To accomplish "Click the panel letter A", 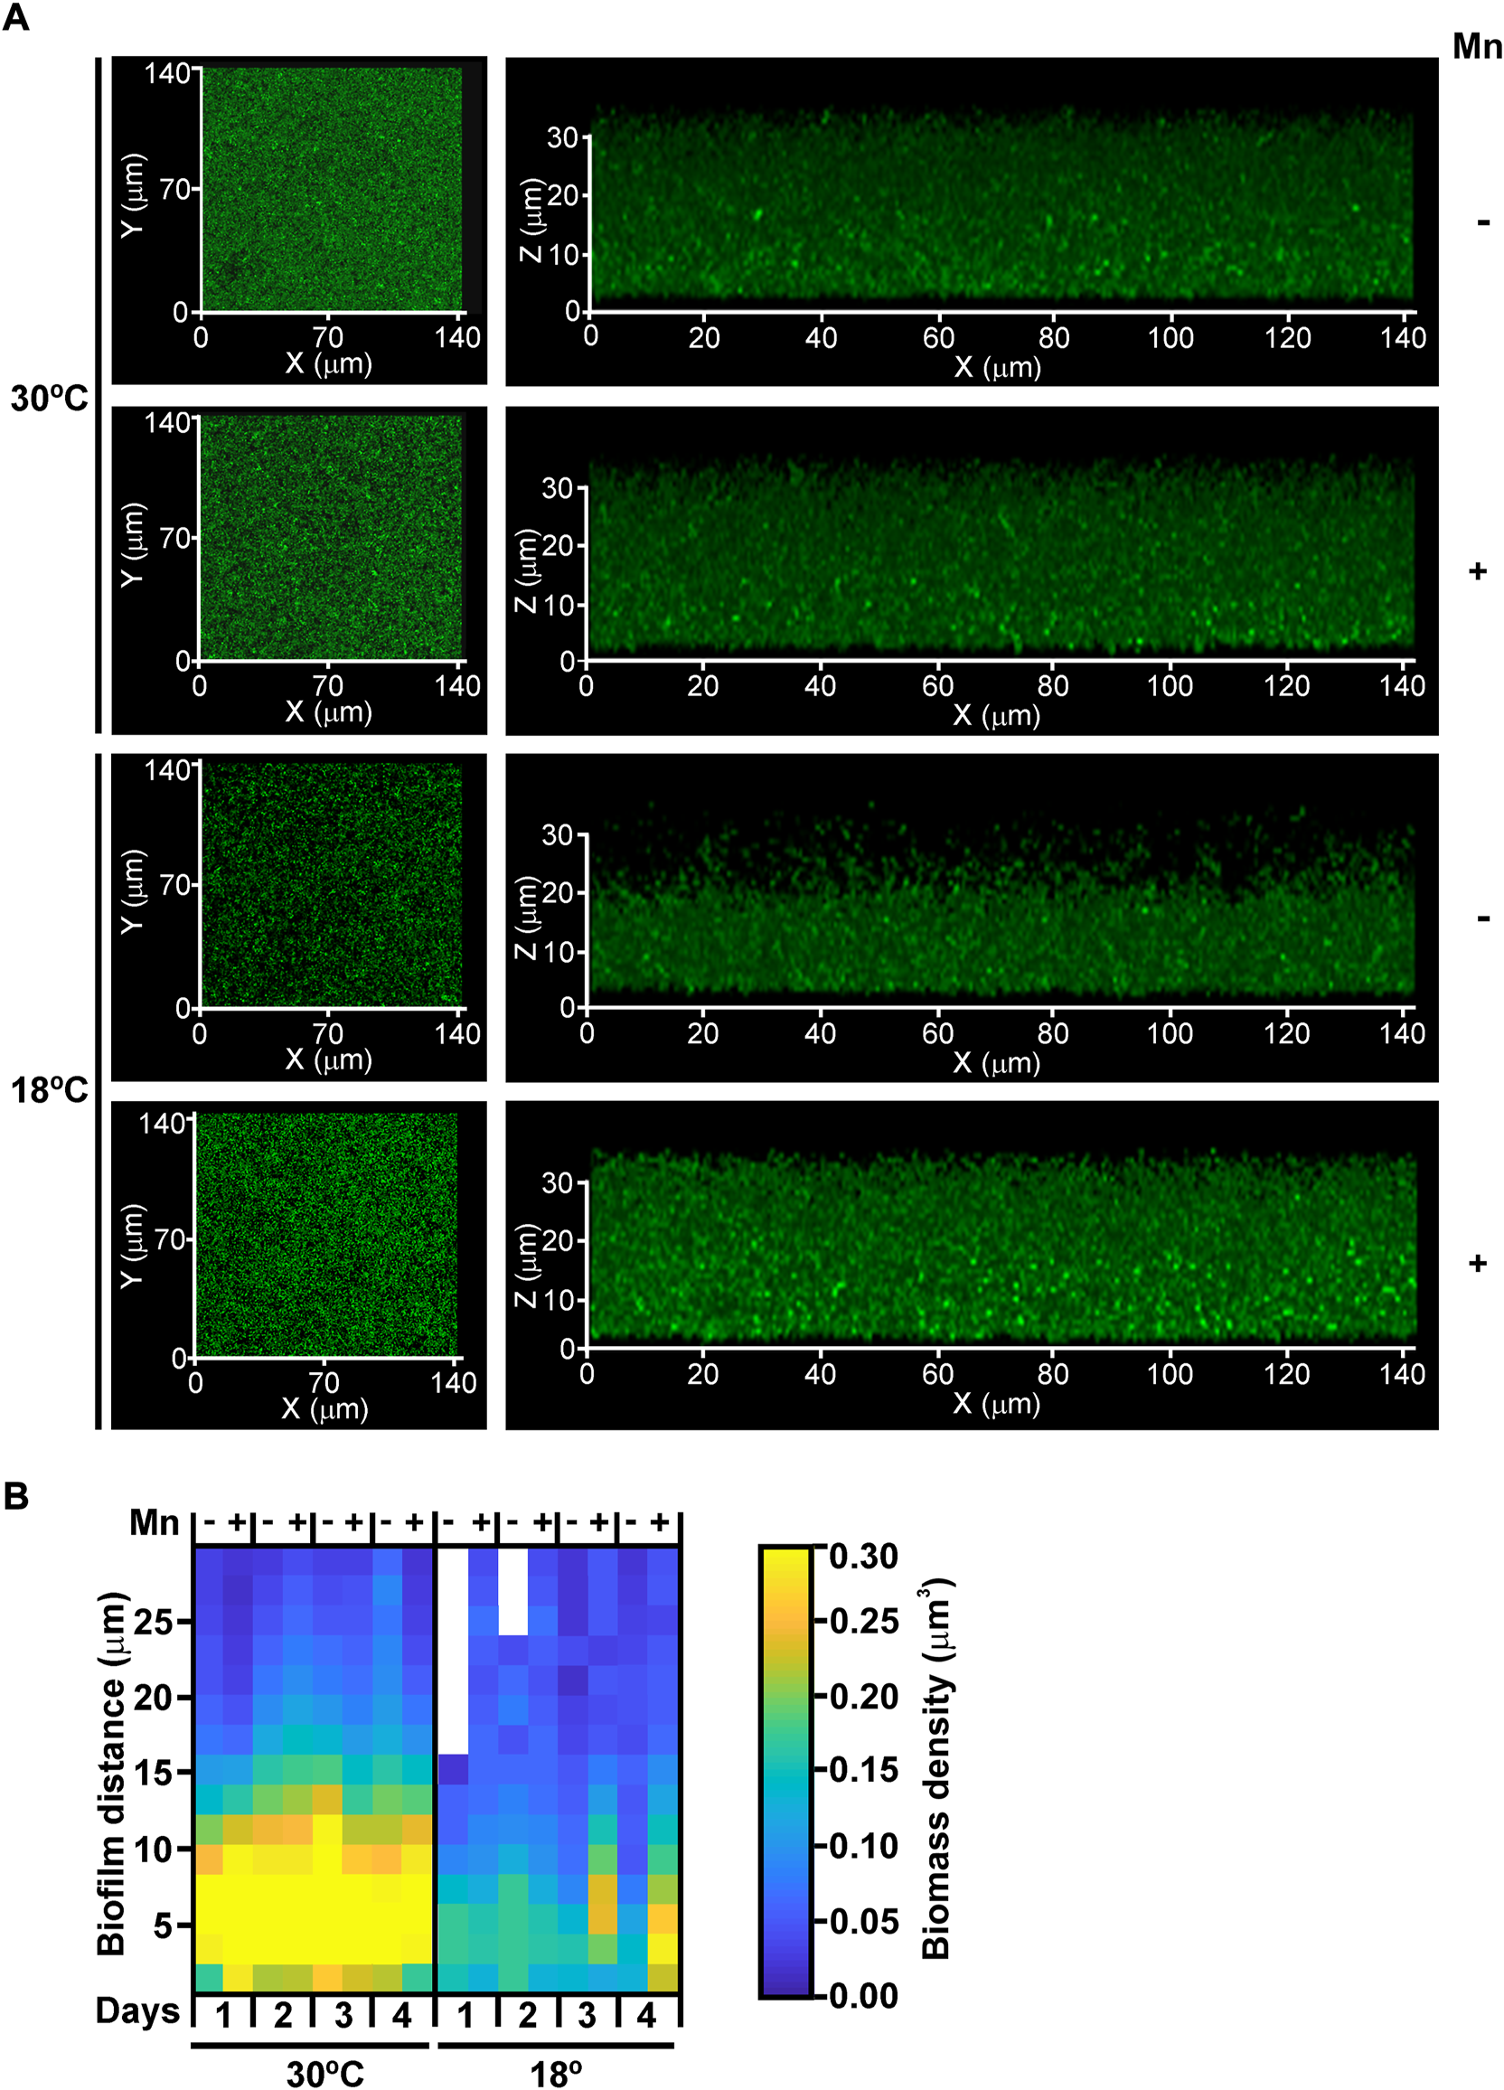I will (15, 17).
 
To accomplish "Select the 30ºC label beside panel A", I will (49, 399).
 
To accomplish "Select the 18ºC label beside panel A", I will (49, 1091).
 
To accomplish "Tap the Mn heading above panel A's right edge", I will (1476, 46).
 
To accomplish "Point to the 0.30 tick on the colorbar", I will (862, 1557).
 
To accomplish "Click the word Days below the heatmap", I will (137, 2010).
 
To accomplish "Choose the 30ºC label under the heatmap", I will (324, 2074).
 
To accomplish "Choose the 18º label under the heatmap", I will (556, 2074).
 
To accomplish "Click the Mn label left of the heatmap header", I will (154, 1522).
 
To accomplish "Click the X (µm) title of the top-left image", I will (328, 363).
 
